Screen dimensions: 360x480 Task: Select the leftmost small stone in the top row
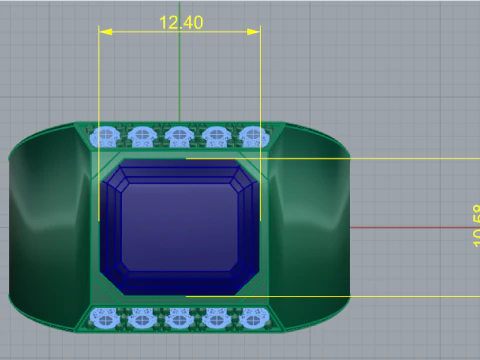[103, 135]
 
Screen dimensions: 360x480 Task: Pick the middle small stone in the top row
[179, 135]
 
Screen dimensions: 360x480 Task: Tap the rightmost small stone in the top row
[254, 135]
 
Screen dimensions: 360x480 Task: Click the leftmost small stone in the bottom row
[103, 318]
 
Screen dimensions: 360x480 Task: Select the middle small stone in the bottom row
[179, 318]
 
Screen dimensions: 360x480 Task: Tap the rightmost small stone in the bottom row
[254, 318]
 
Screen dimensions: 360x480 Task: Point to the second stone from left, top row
[141, 135]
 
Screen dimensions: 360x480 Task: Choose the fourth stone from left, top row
[217, 135]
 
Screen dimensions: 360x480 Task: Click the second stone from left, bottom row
[141, 318]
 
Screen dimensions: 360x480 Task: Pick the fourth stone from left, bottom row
[217, 318]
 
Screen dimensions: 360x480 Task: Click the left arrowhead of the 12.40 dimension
[103, 32]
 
